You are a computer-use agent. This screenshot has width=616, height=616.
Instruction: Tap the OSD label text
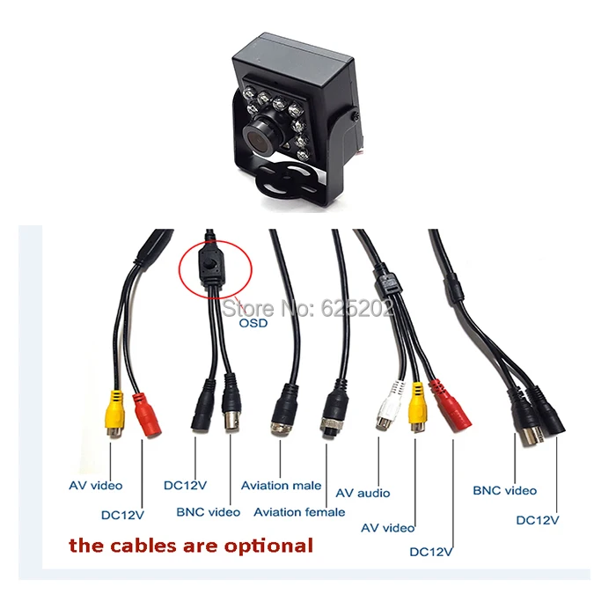point(253,323)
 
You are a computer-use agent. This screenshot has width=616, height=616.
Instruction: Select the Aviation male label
point(281,486)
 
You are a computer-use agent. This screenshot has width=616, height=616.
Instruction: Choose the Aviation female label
point(299,512)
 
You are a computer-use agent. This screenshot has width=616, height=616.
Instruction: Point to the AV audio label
point(363,493)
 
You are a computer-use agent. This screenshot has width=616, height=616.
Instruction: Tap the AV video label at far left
point(95,486)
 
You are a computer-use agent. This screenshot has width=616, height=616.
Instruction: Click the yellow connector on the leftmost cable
point(114,413)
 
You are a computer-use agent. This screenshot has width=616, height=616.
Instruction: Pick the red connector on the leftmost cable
point(147,414)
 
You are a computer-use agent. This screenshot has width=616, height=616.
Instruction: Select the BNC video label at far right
point(505,491)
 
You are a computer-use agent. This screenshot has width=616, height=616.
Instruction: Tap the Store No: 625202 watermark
point(308,308)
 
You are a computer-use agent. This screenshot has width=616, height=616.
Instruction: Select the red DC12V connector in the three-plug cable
point(451,407)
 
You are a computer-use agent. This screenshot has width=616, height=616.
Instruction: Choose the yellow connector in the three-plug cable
point(418,407)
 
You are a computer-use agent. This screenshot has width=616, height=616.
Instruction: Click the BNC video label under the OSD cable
point(209,512)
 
